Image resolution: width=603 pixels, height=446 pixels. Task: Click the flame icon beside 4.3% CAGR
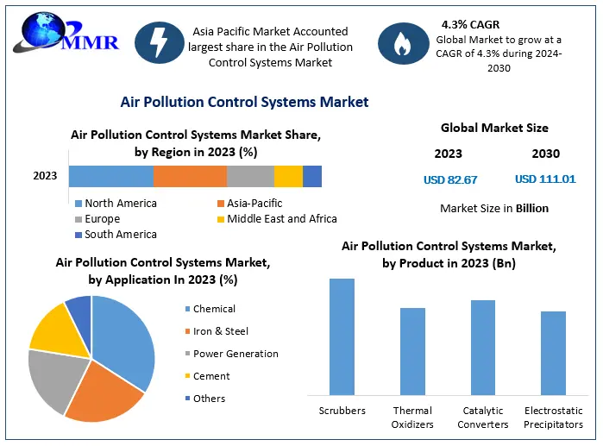click(x=401, y=45)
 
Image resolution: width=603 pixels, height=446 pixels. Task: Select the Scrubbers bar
click(x=342, y=336)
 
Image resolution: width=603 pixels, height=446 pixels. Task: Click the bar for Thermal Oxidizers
click(x=412, y=351)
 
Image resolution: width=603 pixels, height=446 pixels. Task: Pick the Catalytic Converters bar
click(x=483, y=347)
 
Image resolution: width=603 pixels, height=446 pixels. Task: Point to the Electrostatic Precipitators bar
click(x=553, y=353)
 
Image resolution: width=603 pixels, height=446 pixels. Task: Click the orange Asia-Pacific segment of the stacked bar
click(x=190, y=176)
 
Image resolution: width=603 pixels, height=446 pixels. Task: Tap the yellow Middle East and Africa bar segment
click(x=288, y=176)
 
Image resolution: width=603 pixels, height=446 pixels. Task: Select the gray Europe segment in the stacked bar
click(x=250, y=176)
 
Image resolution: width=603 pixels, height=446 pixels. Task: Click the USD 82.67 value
click(x=449, y=179)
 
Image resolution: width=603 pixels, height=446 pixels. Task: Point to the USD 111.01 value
click(x=545, y=179)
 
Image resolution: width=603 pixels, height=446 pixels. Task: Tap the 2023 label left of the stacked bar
click(x=45, y=176)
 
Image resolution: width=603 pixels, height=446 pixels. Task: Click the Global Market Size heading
click(x=494, y=128)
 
